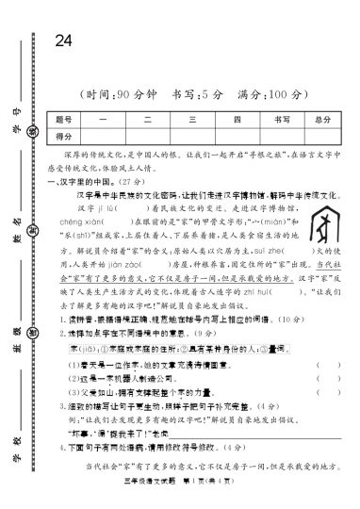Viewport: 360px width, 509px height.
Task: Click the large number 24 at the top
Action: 64,41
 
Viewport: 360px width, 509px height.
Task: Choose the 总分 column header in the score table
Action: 320,120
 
